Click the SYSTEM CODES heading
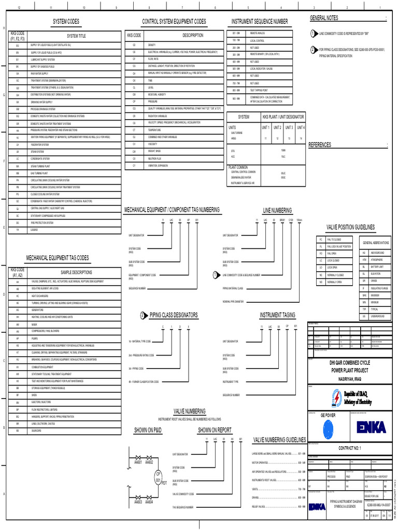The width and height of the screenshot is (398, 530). (x=66, y=21)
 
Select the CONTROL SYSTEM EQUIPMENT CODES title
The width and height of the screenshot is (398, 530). (x=174, y=21)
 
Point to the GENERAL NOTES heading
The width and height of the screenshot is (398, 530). (x=324, y=18)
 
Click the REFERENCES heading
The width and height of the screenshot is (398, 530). (x=320, y=145)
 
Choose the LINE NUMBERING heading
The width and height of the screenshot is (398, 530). (x=277, y=210)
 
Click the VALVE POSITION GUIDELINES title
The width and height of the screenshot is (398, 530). (x=350, y=227)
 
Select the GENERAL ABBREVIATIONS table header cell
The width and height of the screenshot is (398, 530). (x=376, y=243)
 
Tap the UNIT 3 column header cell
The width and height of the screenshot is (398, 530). (x=289, y=127)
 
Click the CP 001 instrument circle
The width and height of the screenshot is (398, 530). (x=159, y=477)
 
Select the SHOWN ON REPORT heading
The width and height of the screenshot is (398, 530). (x=215, y=430)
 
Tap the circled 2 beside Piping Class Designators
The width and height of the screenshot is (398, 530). (x=143, y=315)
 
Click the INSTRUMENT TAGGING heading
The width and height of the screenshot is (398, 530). (x=277, y=315)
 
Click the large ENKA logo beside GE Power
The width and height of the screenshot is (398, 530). (x=371, y=427)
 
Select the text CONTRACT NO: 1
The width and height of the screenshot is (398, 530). (x=349, y=448)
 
